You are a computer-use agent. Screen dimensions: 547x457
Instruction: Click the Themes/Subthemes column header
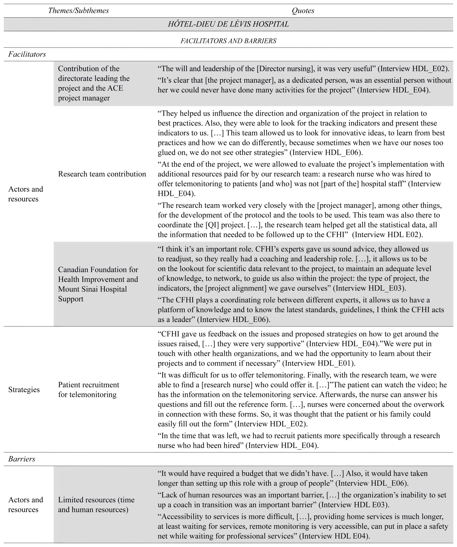[78, 11]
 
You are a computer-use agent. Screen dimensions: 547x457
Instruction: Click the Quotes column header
[303, 11]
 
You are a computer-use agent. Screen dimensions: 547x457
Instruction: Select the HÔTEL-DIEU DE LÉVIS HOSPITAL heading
[228, 24]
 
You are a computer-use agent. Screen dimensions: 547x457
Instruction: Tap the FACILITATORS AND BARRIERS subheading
[228, 41]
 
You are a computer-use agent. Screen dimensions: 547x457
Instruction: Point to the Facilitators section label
[27, 54]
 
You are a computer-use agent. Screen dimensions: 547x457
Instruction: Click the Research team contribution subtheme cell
[102, 174]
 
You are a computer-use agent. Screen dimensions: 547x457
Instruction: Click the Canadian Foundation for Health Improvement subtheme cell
[98, 284]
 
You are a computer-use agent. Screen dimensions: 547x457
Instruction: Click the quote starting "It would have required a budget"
[292, 478]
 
